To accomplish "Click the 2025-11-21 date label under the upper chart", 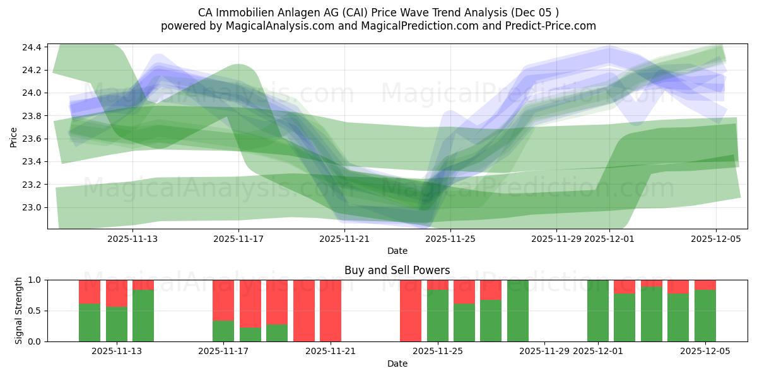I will click(344, 239).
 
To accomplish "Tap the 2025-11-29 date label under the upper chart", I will click(556, 239).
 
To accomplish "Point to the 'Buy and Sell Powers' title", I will click(397, 270).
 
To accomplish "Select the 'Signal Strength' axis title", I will click(19, 311).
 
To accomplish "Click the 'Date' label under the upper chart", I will click(397, 251).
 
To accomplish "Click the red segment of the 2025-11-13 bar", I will click(116, 293).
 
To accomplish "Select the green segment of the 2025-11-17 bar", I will click(223, 331).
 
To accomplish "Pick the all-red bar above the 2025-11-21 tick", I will click(331, 311).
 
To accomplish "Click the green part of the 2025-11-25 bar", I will click(438, 315).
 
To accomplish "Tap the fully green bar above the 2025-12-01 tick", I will click(597, 311).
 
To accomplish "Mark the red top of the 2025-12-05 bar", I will click(705, 285).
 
